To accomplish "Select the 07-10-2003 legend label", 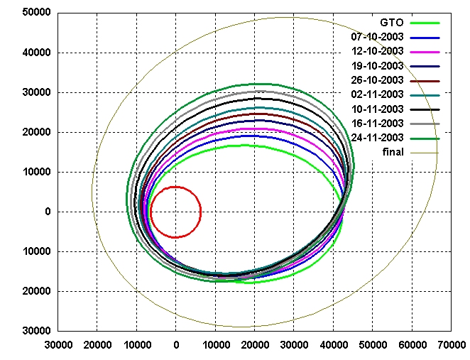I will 378,36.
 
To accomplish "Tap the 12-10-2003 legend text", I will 378,51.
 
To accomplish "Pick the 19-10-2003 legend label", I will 378,65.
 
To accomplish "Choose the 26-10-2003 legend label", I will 378,80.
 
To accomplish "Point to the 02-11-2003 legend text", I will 378,94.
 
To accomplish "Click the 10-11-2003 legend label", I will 378,109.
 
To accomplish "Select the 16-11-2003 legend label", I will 378,124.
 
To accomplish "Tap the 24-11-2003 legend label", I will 378,138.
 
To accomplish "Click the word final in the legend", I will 392,152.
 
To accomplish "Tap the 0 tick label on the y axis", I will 48,212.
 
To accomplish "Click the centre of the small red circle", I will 175,212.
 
